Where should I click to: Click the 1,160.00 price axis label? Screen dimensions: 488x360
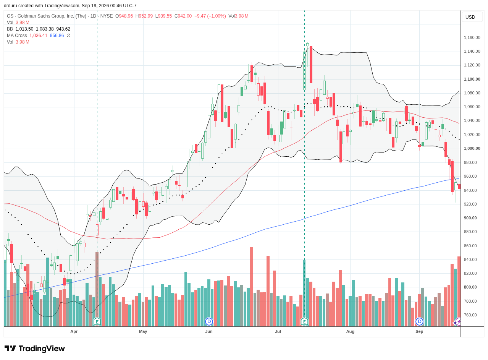pos(472,37)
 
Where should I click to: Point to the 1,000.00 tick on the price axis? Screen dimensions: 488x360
pos(472,149)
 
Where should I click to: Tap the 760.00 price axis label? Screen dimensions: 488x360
pos(473,315)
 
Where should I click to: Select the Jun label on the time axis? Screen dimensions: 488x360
pos(209,332)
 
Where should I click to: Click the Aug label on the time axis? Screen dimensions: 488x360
pos(351,332)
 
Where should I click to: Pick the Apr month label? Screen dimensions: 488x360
pos(74,332)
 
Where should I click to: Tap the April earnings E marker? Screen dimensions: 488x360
pos(97,322)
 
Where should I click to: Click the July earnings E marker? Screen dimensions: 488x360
pos(305,322)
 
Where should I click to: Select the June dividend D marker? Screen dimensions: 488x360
pos(209,322)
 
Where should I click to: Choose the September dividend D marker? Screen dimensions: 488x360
pos(420,322)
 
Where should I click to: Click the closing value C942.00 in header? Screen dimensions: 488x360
pos(183,16)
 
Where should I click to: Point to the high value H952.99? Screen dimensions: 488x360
pos(144,16)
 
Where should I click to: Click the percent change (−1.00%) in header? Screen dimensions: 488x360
pos(217,16)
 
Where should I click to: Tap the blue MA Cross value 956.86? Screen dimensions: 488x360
pos(57,36)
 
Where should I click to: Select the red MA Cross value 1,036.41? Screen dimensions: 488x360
pos(38,36)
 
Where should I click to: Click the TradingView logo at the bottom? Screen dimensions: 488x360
pos(35,349)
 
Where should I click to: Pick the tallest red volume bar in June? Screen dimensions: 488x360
pos(252,287)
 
